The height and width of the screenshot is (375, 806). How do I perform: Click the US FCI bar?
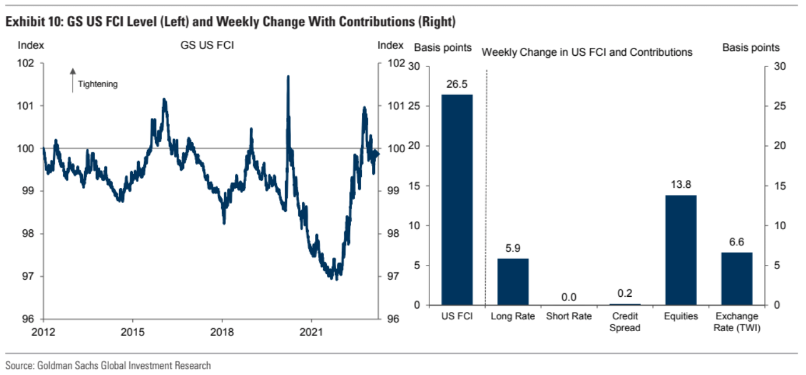tap(457, 200)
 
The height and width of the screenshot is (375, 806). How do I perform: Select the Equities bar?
tap(681, 250)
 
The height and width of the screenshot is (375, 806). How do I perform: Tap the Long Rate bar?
tap(512, 281)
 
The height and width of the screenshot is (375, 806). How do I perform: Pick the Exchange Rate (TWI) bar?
tap(737, 278)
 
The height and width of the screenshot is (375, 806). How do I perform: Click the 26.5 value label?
tap(457, 84)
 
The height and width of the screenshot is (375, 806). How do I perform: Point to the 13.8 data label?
tap(681, 185)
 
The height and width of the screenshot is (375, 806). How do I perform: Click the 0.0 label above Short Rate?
tap(569, 297)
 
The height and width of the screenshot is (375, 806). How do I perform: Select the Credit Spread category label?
tap(625, 322)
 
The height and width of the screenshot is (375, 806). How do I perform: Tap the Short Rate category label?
tap(569, 316)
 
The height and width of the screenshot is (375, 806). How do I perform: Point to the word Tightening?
tap(98, 84)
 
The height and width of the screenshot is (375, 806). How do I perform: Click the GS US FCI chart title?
tap(207, 45)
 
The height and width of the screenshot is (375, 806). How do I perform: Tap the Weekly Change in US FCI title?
tap(587, 52)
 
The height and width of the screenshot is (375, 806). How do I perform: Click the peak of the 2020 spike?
tap(288, 77)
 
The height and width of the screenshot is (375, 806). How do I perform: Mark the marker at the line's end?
tap(376, 153)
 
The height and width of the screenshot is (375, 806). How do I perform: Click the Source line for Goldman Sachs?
tap(108, 366)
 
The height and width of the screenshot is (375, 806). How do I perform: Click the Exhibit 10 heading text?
tap(230, 23)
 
